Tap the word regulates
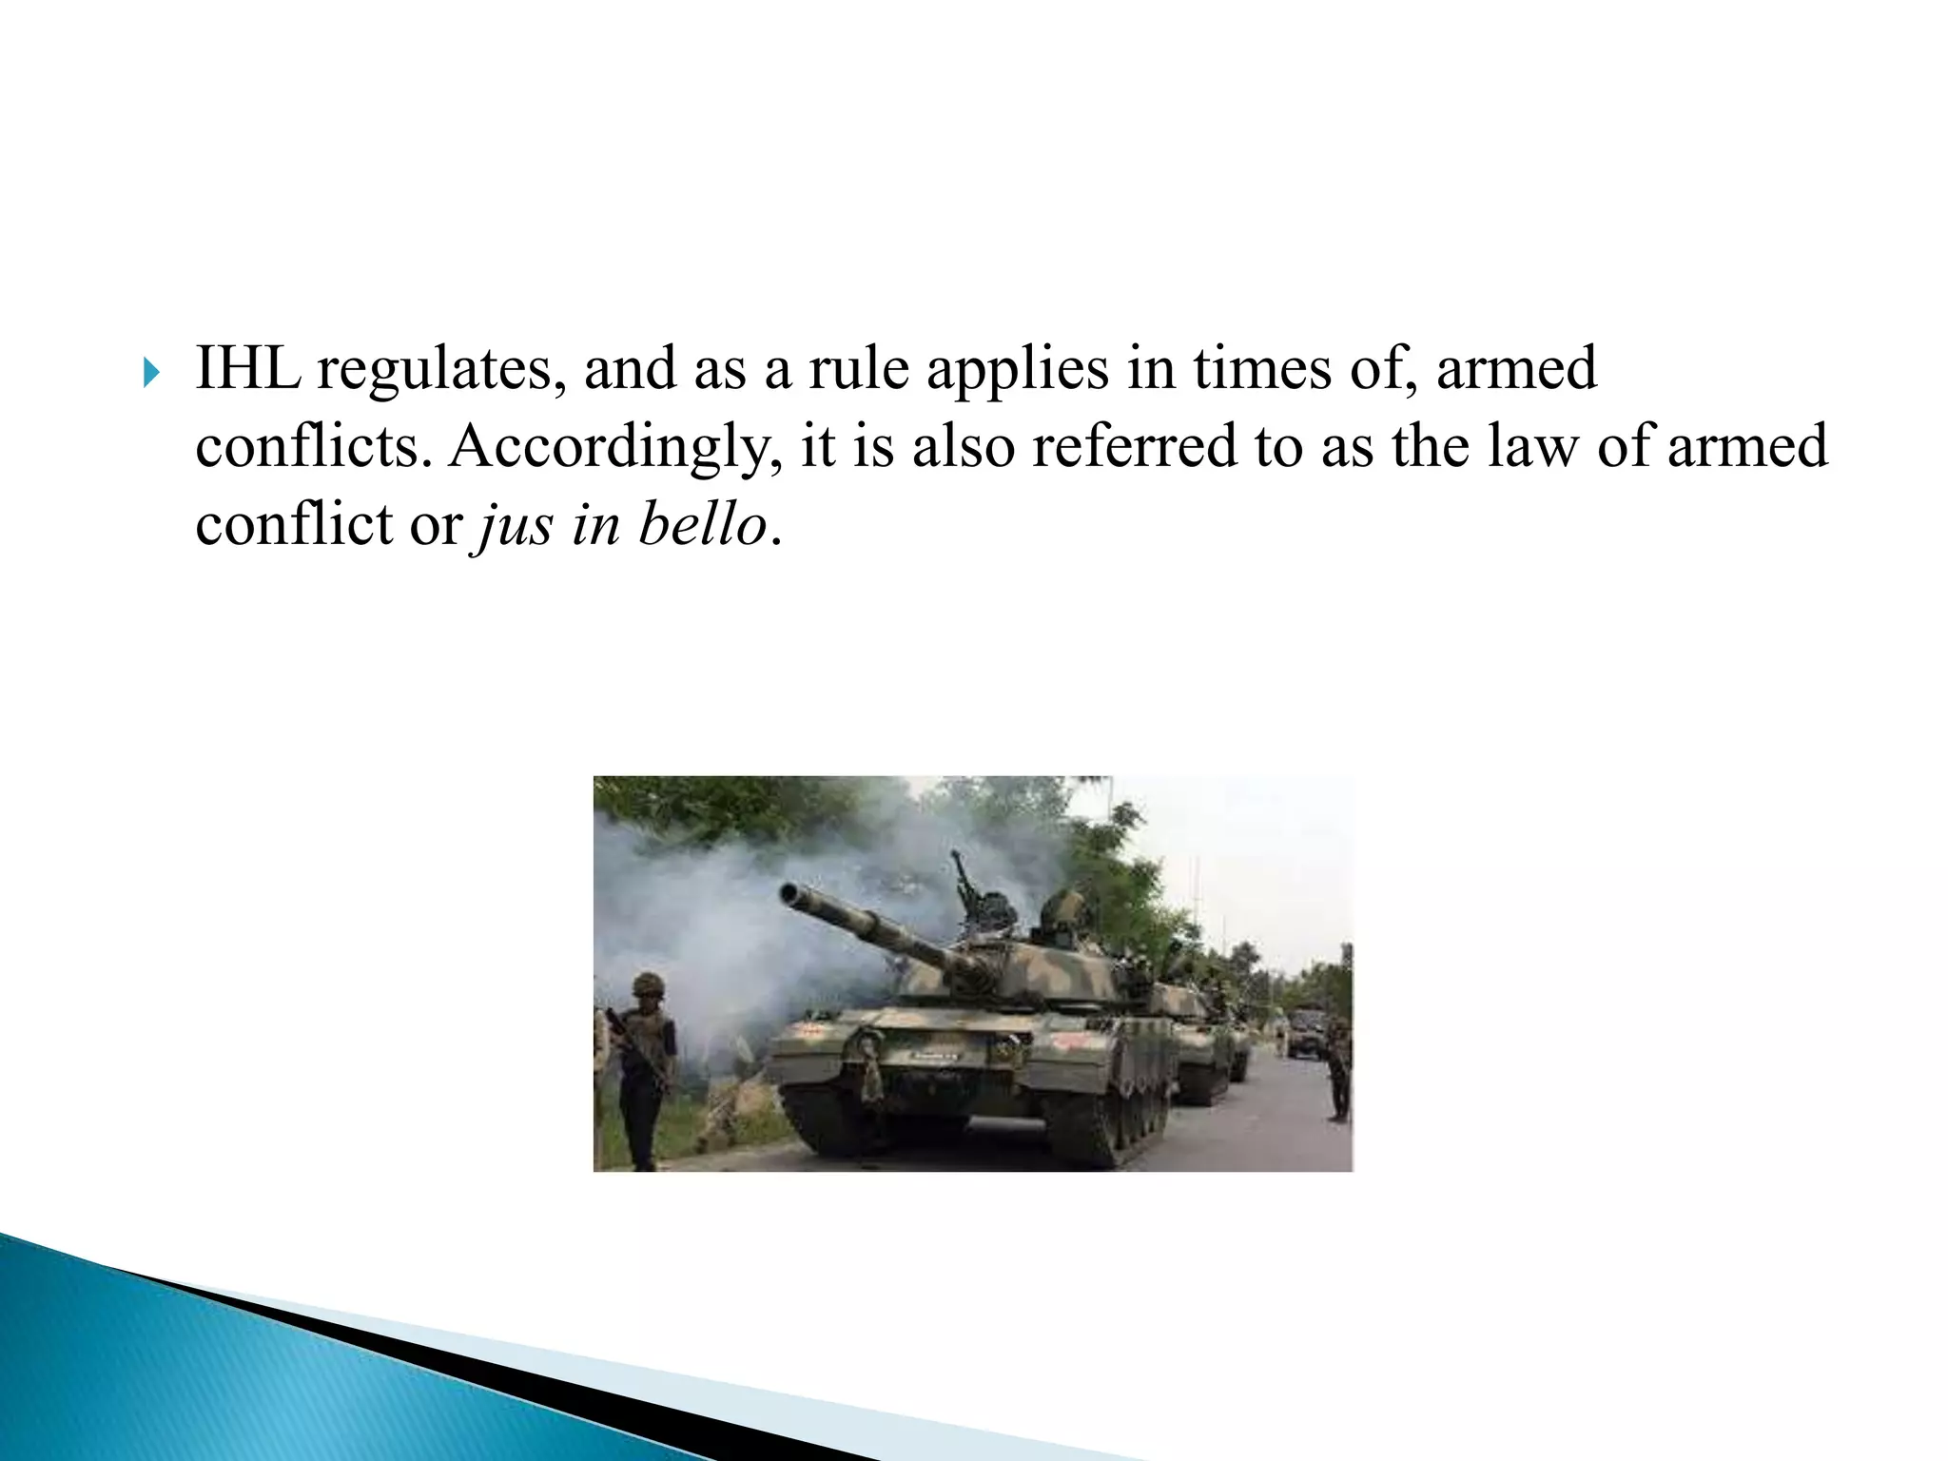[434, 371]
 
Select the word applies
[1017, 371]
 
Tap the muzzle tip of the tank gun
[789, 893]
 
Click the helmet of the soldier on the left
[648, 983]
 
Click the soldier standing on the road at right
[1337, 1070]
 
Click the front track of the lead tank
[837, 1122]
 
